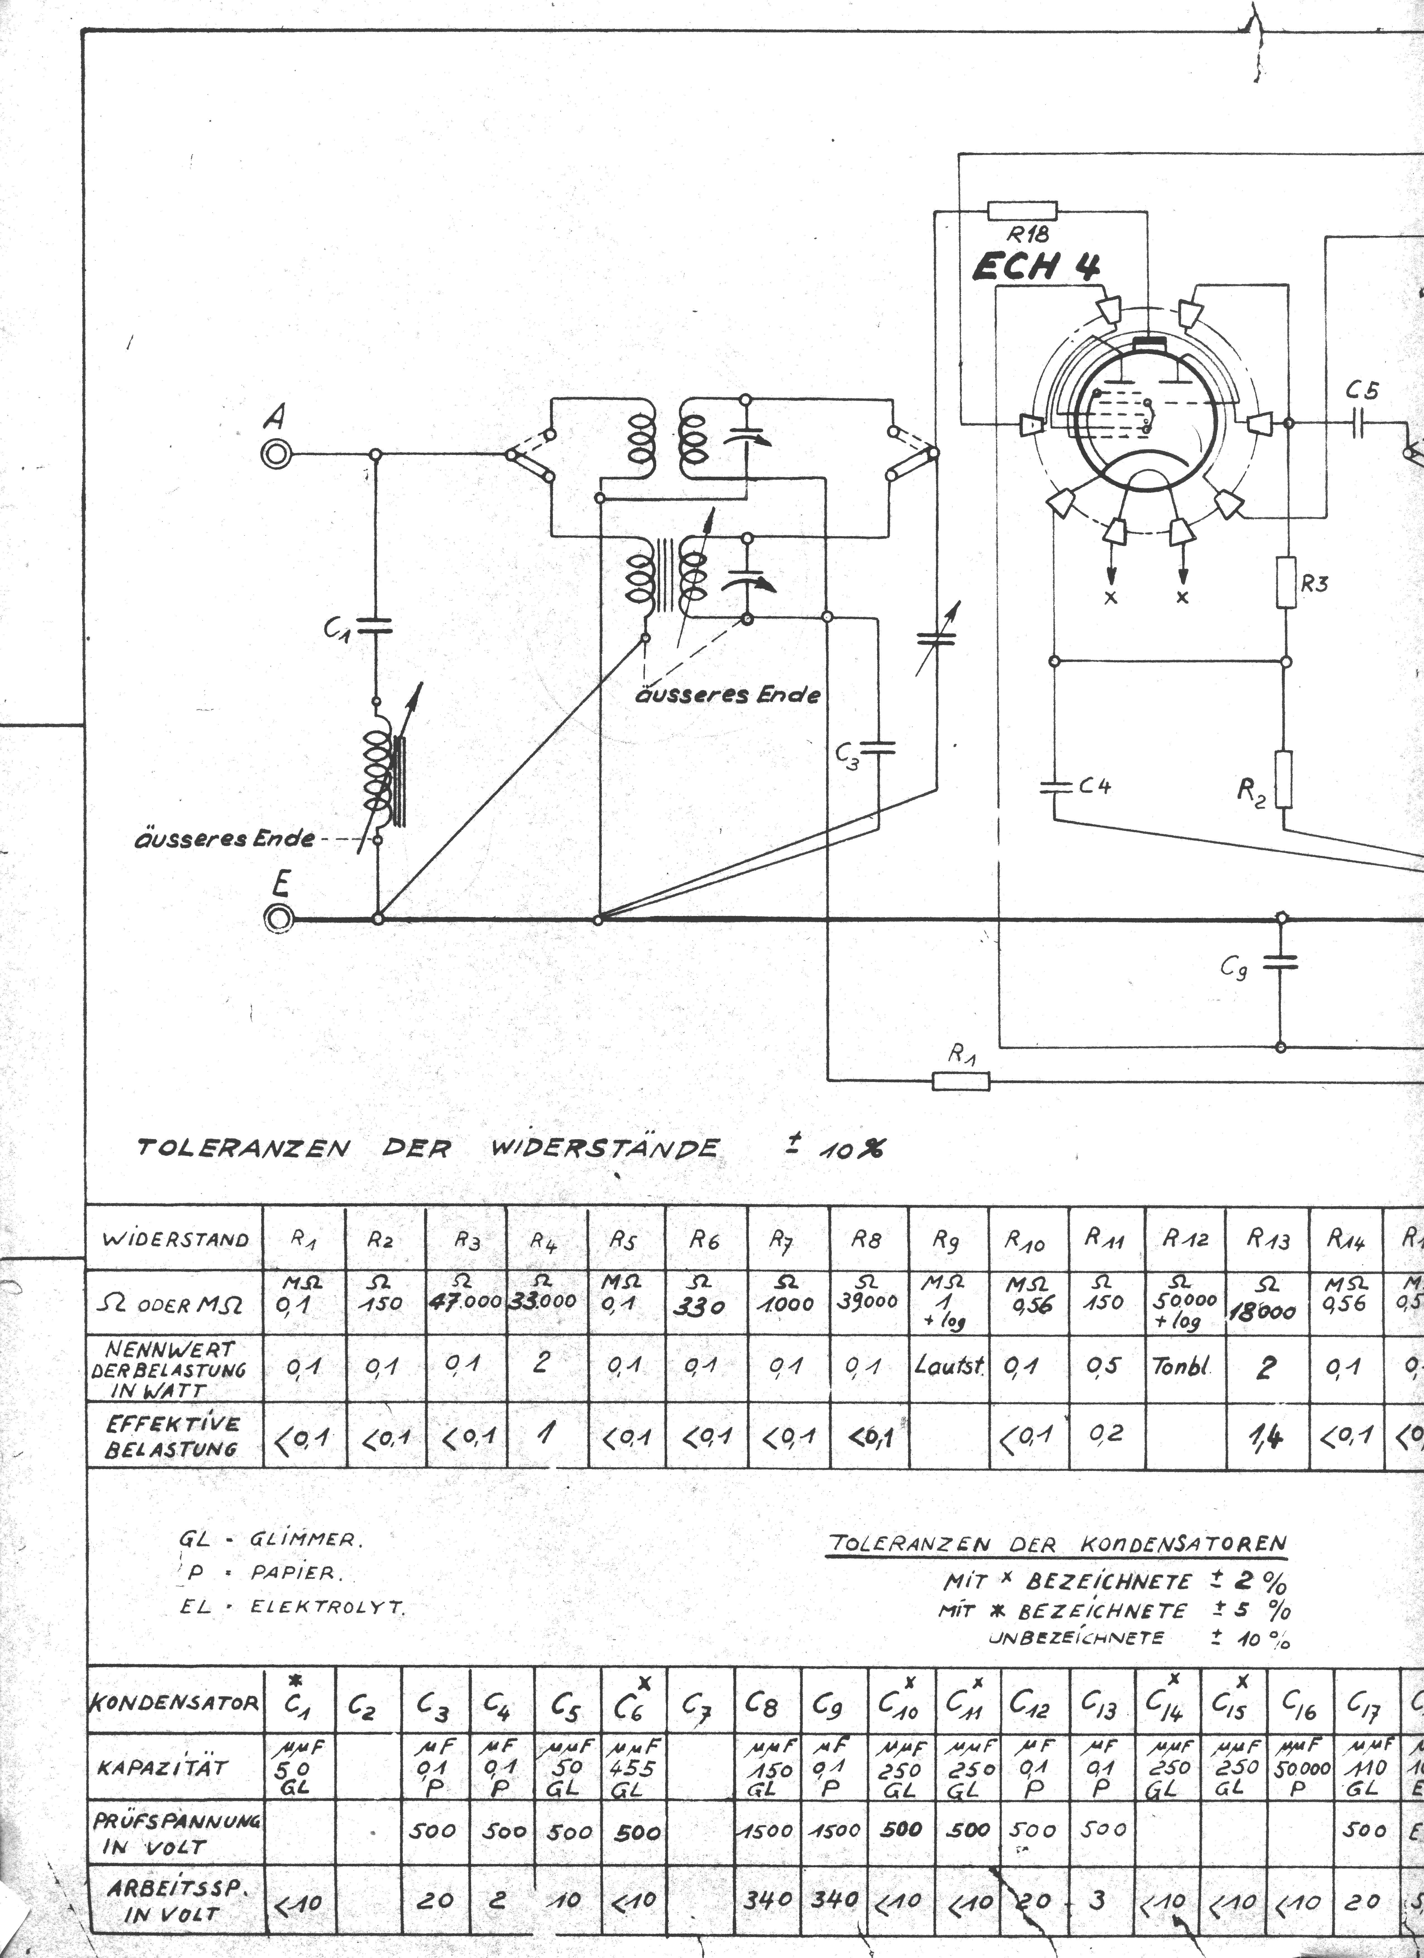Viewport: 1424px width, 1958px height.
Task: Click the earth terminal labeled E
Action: tap(279, 918)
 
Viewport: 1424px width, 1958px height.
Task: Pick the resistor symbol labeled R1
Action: tap(961, 1080)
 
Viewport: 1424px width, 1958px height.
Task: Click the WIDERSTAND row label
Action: tap(175, 1240)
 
